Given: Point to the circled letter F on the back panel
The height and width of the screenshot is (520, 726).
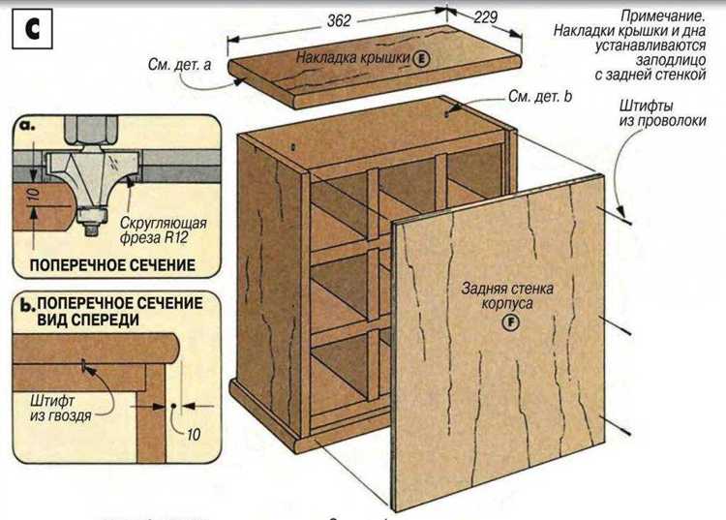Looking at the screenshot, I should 503,323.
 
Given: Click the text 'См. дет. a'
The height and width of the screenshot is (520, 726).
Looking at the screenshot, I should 180,65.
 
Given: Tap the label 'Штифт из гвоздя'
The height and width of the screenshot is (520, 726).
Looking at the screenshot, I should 60,406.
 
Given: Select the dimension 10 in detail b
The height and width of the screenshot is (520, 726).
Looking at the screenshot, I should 194,434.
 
